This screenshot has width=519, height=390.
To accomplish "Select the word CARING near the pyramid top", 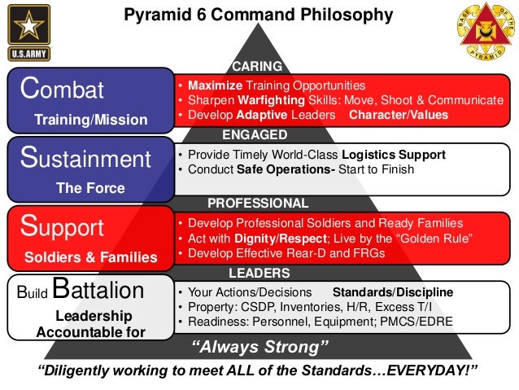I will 258,66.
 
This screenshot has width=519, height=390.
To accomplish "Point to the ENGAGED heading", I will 259,134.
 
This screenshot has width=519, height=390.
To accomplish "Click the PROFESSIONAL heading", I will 258,204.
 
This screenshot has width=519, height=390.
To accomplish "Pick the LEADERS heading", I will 259,273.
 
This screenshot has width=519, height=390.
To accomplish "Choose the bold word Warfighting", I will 276,100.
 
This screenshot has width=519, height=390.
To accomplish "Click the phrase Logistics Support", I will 395,155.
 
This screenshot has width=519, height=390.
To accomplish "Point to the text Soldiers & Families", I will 90,257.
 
